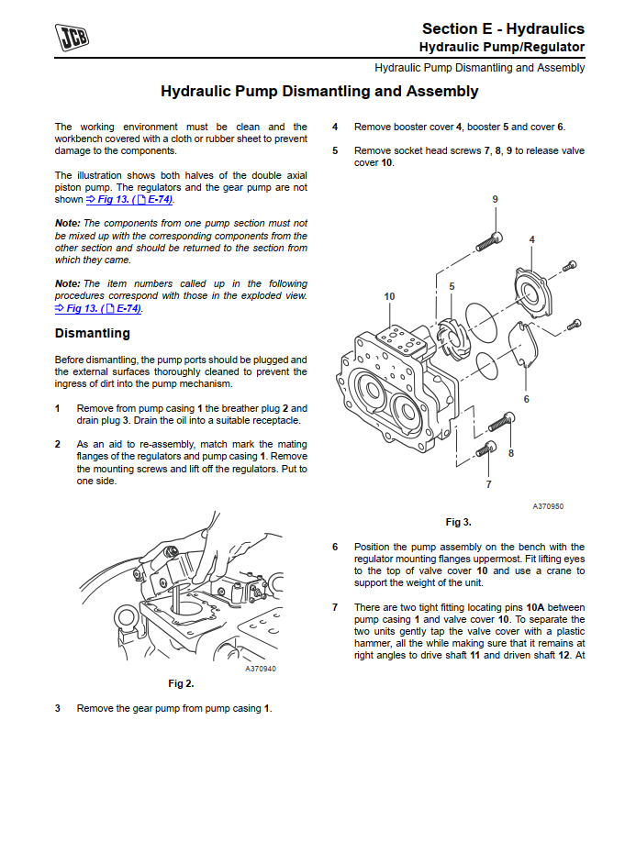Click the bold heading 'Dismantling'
(x=93, y=333)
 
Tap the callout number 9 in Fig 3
(x=495, y=199)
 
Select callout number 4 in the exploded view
(x=532, y=239)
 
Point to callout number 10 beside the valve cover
(x=390, y=296)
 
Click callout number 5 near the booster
(x=452, y=286)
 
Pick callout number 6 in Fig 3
(x=526, y=399)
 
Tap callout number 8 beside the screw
(x=510, y=452)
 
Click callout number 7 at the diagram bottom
(x=488, y=483)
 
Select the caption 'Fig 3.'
(x=458, y=522)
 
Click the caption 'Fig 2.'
(x=181, y=683)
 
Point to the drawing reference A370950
(x=548, y=506)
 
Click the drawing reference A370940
(x=261, y=669)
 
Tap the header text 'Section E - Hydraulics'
(x=503, y=29)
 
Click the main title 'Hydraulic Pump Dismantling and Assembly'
(x=319, y=92)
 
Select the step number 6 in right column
(x=335, y=547)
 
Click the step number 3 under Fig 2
(x=58, y=708)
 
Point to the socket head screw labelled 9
(x=488, y=238)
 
